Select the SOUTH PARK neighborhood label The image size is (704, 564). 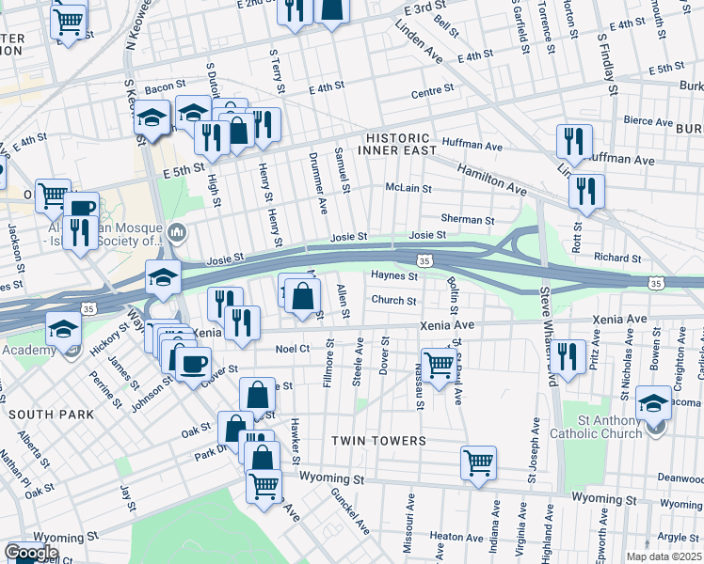[51, 415]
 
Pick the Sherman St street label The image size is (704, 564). [468, 220]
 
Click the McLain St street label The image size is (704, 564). [408, 188]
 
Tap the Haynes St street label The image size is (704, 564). [393, 276]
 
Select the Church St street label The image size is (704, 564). [393, 301]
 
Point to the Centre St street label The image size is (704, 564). [432, 91]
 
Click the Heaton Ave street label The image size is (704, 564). [450, 537]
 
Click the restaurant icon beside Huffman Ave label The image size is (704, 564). [573, 141]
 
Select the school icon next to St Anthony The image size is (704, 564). [654, 402]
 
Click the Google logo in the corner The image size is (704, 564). [31, 553]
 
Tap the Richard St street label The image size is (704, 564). [616, 258]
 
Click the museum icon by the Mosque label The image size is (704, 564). [177, 232]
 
